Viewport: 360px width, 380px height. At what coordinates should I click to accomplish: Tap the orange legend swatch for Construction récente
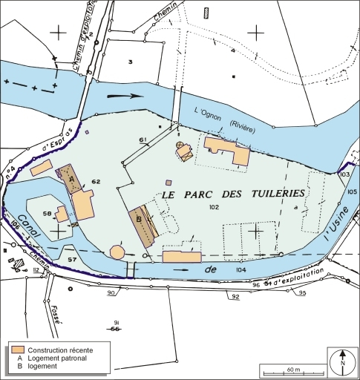[17, 349]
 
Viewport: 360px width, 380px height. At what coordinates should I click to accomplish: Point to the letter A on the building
[71, 179]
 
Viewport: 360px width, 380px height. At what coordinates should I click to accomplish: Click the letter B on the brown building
[138, 219]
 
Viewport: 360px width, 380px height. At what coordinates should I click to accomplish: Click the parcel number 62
[96, 181]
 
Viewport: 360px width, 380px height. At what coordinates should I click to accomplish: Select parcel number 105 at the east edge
[351, 191]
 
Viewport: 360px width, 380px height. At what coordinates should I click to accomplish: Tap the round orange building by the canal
[117, 251]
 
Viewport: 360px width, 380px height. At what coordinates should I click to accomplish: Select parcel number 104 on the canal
[240, 271]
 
